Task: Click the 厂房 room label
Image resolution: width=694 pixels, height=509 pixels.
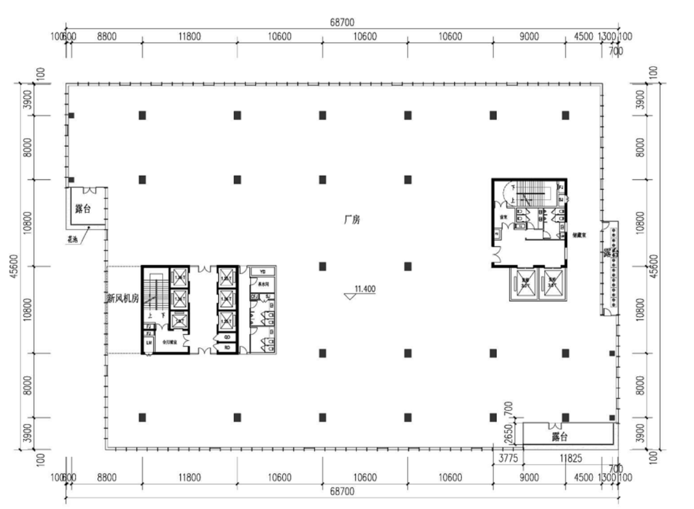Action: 352,220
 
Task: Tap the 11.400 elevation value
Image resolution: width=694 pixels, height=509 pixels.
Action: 364,289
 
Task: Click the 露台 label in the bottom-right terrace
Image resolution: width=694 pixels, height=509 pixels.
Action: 560,436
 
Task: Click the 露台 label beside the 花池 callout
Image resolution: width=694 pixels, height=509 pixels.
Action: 83,208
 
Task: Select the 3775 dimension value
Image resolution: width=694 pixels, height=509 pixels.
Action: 508,459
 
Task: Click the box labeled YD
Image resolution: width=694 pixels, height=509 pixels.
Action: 262,271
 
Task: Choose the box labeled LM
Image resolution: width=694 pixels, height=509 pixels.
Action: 148,343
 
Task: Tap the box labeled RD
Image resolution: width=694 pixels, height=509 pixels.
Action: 227,347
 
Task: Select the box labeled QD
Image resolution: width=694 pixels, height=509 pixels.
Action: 227,337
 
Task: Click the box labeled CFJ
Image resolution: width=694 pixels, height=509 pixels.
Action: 254,296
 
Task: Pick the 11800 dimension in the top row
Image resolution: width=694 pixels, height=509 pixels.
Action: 189,37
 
